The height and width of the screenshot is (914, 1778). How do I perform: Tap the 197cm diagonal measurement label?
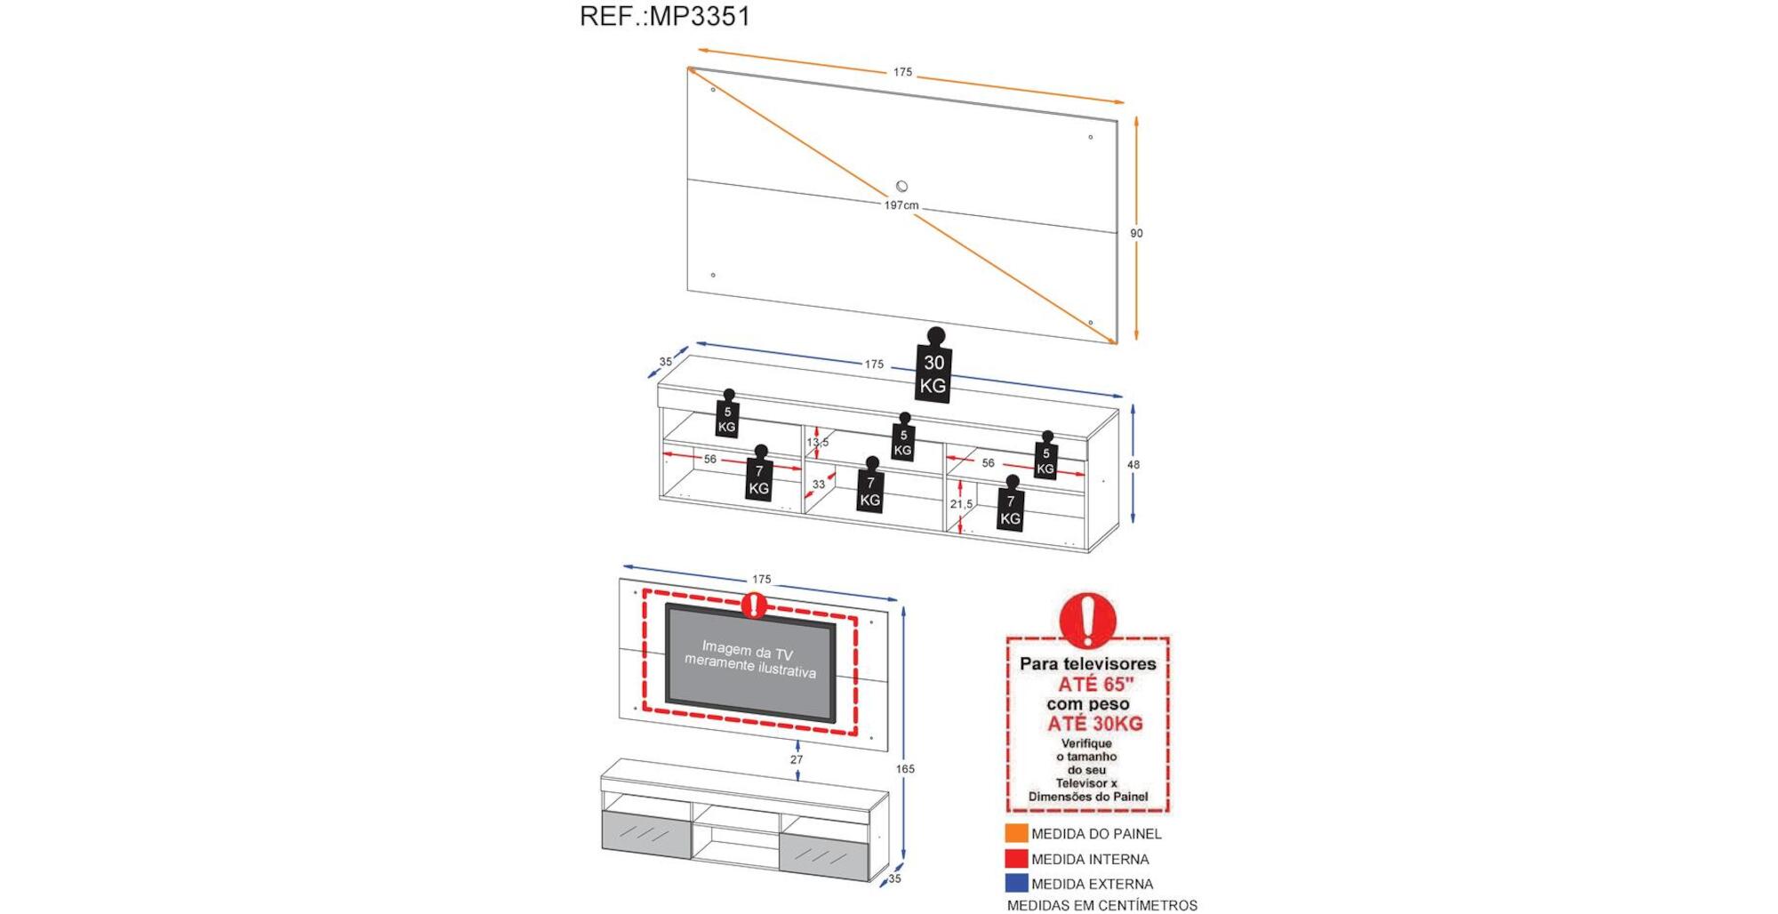point(901,205)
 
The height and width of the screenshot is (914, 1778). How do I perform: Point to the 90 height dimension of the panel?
point(1136,233)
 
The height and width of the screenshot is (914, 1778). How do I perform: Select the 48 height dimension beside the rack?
point(1133,464)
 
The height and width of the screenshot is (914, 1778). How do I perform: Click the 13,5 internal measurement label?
point(817,442)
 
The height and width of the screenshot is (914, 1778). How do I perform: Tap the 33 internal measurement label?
point(819,484)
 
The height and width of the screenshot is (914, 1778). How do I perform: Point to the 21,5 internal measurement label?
point(961,504)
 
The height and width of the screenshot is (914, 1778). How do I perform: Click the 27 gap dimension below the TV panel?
point(797,759)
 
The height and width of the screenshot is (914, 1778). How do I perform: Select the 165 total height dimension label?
point(905,769)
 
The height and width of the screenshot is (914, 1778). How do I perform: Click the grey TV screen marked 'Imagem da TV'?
point(750,661)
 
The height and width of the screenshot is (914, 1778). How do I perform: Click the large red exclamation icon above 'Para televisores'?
point(1086,619)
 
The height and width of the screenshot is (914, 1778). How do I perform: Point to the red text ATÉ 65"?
point(1095,684)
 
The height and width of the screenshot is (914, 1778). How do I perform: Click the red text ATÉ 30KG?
point(1094,724)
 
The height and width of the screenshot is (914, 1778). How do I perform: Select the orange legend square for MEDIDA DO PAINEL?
point(1016,833)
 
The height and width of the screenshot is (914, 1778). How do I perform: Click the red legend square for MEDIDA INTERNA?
point(1016,859)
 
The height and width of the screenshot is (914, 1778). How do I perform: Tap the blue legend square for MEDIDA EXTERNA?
point(1016,884)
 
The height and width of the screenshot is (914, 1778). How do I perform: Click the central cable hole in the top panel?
point(901,187)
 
